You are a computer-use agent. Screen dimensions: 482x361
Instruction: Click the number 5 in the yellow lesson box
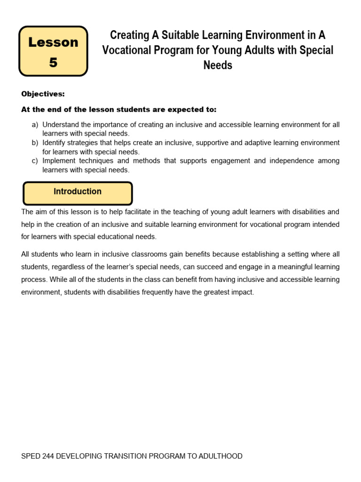(53, 62)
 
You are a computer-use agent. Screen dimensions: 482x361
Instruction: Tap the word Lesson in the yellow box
(53, 42)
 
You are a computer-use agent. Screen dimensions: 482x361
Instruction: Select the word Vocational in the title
(125, 50)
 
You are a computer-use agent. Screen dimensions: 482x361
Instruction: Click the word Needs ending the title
(218, 65)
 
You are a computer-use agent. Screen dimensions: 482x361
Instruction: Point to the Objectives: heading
(43, 94)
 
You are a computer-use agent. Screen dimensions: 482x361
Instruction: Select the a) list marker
(35, 125)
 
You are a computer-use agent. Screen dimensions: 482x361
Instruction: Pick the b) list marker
(35, 143)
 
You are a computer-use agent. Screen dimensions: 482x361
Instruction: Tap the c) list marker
(35, 161)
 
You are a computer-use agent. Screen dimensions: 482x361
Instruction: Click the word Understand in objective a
(60, 125)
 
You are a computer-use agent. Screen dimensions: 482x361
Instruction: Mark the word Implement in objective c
(59, 161)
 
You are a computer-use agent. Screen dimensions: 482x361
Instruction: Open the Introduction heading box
(78, 192)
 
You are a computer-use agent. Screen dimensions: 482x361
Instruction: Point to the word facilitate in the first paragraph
(118, 212)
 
